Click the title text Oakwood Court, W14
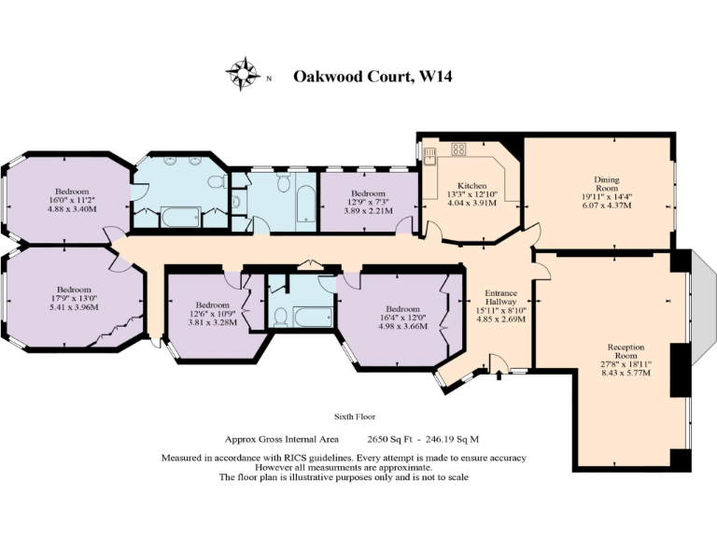[x=373, y=77]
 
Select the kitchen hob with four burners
[x=459, y=149]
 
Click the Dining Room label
[x=607, y=179]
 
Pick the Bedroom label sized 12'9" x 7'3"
[x=368, y=192]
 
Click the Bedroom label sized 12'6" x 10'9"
[x=213, y=304]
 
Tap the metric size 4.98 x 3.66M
[x=402, y=326]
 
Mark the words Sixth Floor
[x=355, y=417]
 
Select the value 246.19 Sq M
[x=453, y=438]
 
